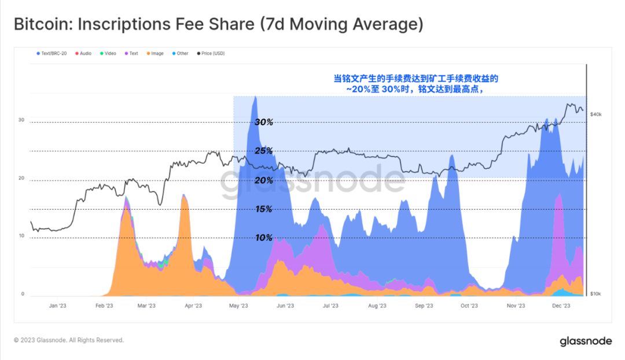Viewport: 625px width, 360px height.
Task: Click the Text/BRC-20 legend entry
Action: coord(53,53)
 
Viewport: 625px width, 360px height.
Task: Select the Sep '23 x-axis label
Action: coord(424,306)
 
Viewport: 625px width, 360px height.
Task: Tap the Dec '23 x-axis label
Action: coord(561,306)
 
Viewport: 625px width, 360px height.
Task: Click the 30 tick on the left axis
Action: coord(21,120)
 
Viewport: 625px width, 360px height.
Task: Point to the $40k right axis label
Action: coord(596,115)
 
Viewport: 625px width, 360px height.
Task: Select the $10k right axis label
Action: coord(595,294)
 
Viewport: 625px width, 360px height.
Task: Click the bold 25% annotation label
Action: coord(264,151)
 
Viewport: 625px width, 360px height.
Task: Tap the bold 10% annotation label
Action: coord(264,238)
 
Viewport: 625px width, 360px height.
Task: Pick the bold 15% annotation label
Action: coord(264,209)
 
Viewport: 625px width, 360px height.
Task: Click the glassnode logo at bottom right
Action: coord(586,341)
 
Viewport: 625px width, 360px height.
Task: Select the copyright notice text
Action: coord(69,340)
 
